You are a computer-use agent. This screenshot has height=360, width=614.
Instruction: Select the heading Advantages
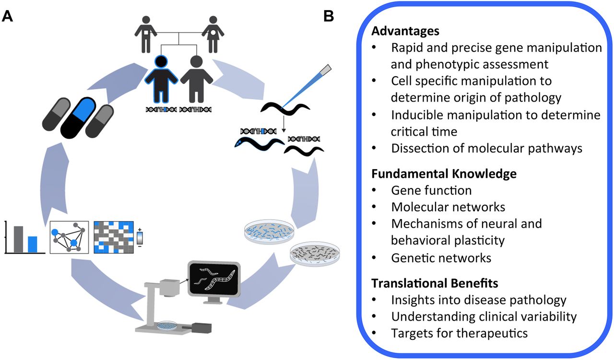click(x=405, y=31)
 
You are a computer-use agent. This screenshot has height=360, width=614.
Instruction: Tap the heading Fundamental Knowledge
click(x=444, y=174)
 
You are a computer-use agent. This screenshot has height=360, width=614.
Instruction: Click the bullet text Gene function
click(x=431, y=190)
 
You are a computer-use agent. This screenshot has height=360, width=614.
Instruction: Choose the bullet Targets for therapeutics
click(x=460, y=333)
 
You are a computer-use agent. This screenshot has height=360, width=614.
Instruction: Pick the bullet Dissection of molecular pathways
click(x=487, y=148)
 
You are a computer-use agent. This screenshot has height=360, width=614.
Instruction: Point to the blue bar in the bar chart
click(x=32, y=244)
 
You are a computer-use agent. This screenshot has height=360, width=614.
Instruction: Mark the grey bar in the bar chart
click(x=18, y=239)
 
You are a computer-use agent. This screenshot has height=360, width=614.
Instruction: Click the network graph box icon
click(x=69, y=237)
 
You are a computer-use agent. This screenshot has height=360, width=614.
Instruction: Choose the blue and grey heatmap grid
click(x=113, y=237)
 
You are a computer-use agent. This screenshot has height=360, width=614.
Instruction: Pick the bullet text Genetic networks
click(x=441, y=257)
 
